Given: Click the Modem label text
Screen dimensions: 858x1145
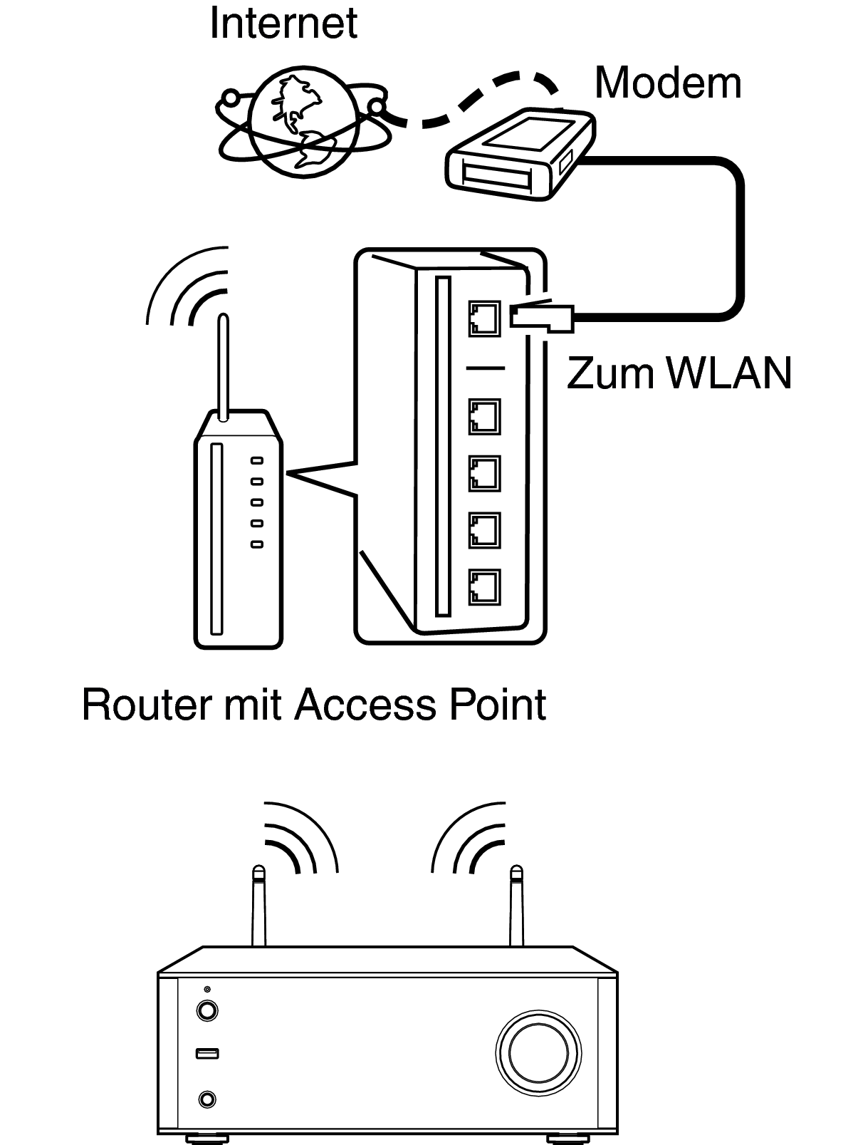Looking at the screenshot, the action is (668, 83).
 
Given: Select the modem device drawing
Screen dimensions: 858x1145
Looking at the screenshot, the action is (520, 154).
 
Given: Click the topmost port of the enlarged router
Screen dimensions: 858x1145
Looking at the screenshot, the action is (484, 318).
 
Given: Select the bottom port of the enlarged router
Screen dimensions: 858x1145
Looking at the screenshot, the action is (484, 587).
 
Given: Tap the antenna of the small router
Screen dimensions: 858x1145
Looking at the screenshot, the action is (223, 367).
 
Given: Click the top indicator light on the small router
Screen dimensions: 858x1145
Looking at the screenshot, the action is (257, 460).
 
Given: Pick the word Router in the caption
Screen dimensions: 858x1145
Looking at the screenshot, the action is (147, 705).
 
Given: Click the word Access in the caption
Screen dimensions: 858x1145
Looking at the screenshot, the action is (365, 705).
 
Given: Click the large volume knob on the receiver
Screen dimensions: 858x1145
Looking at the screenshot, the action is (538, 1053).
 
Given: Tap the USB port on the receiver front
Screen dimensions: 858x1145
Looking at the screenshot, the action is (207, 1053).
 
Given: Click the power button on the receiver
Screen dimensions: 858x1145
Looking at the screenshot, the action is (207, 1010).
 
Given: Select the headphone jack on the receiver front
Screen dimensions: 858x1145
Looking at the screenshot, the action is (207, 1099).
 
